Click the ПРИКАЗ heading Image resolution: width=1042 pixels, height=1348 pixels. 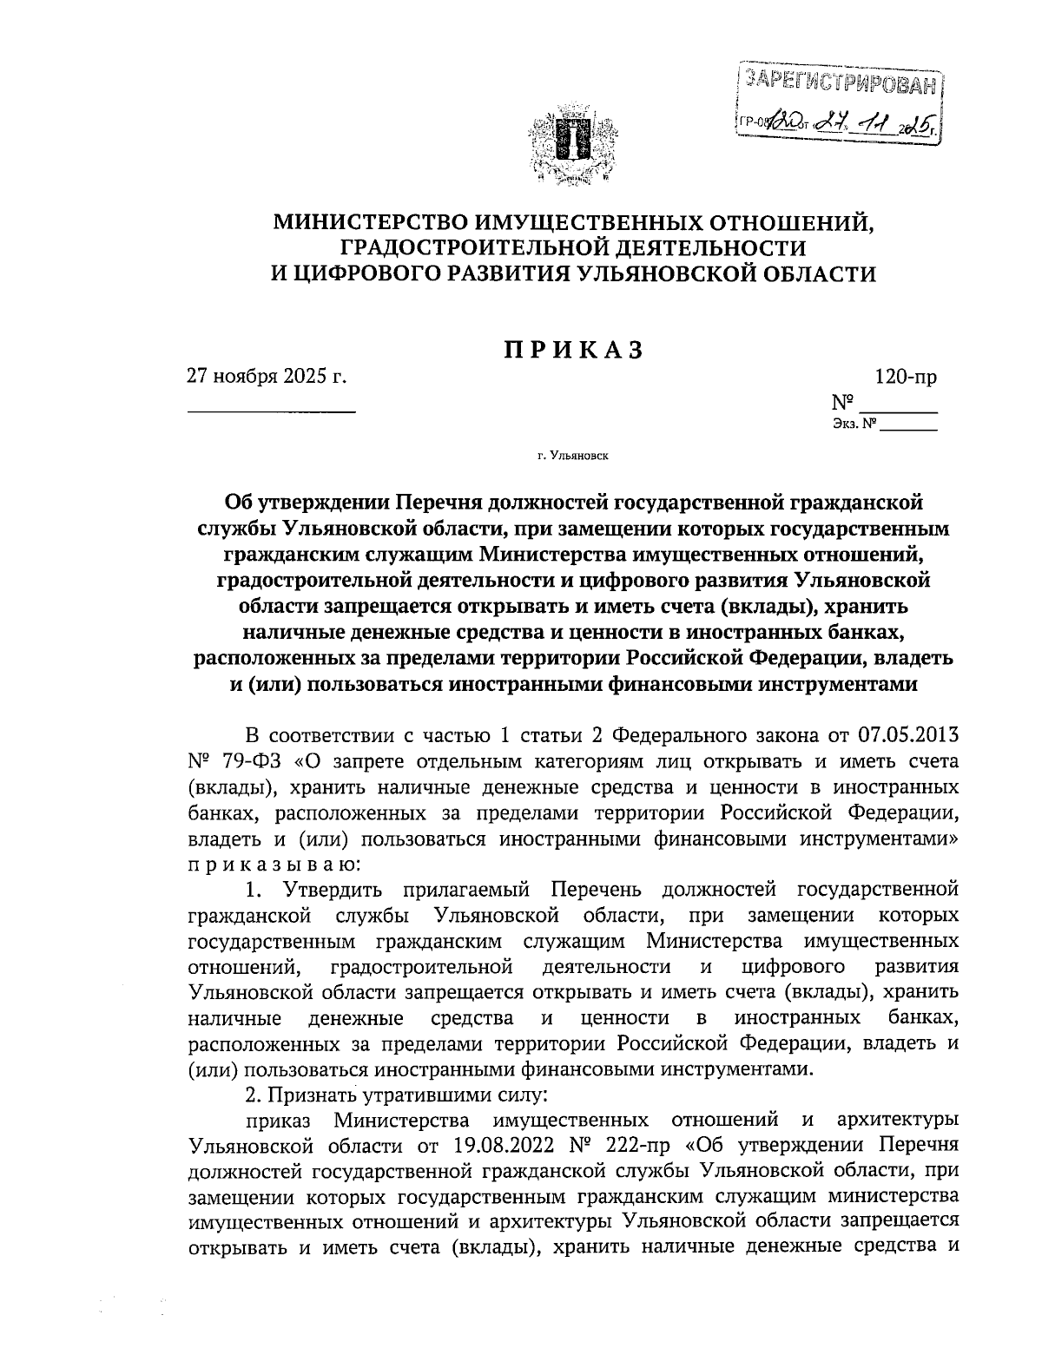[573, 349]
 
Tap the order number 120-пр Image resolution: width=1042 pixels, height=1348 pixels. [903, 378]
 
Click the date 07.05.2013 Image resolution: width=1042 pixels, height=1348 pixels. [908, 736]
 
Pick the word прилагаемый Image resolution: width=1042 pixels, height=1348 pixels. [455, 891]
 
